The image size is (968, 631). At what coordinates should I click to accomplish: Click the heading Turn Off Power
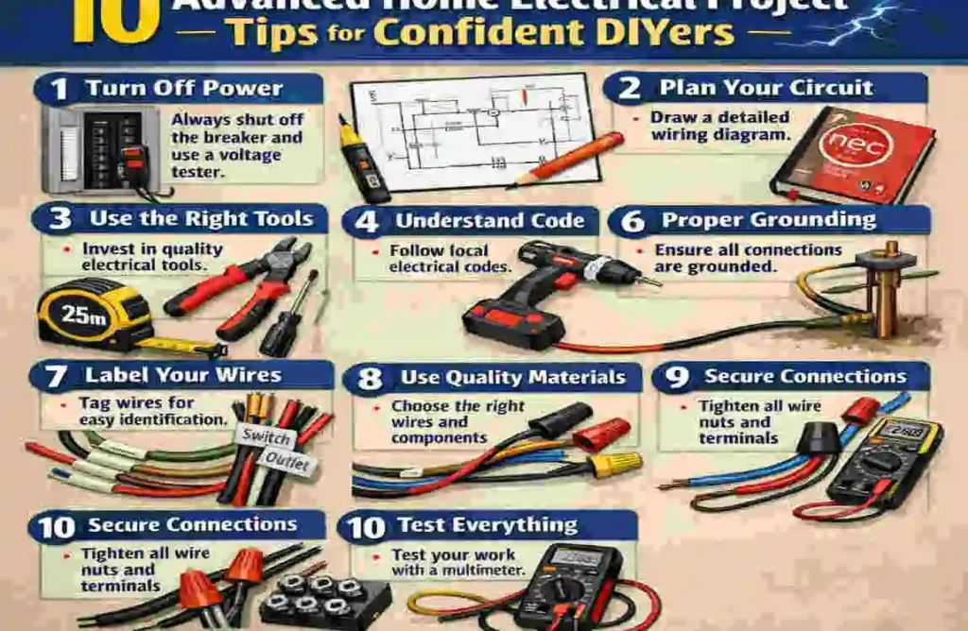(183, 89)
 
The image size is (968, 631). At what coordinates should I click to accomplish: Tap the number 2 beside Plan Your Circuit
(630, 88)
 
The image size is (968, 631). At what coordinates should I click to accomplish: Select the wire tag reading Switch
(267, 436)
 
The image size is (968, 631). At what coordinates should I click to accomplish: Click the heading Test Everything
(487, 526)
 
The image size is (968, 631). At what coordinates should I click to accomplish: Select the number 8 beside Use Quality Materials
(371, 379)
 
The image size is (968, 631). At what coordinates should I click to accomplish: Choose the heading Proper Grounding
(768, 220)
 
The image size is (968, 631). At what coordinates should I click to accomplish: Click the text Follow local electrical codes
(450, 258)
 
